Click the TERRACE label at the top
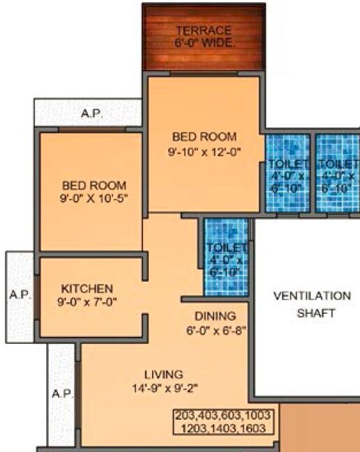(x=204, y=31)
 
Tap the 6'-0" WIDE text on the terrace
(x=204, y=43)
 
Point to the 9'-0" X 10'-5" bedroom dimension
(x=94, y=198)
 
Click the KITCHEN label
(x=87, y=287)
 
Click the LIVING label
(x=163, y=374)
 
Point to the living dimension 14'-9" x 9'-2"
(x=163, y=387)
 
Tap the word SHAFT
(x=306, y=313)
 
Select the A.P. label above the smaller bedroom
(x=92, y=112)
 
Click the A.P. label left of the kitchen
(x=20, y=294)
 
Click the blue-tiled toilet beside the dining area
(x=226, y=257)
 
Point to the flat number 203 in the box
(x=186, y=416)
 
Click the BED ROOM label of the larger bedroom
(x=204, y=136)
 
